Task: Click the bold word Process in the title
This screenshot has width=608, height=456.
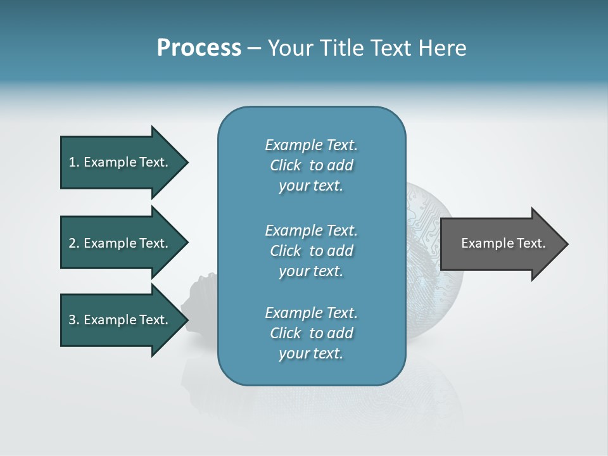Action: pyautogui.click(x=199, y=48)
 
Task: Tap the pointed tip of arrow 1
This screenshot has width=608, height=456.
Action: pyautogui.click(x=186, y=162)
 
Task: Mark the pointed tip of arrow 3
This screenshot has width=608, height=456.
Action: pyautogui.click(x=186, y=320)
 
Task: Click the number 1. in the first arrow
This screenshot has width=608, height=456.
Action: pyautogui.click(x=74, y=162)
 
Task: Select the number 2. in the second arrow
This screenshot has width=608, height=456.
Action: pyautogui.click(x=74, y=243)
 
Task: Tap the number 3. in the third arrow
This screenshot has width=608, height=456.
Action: pyautogui.click(x=74, y=320)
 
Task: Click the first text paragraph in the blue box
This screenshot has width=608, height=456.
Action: pyautogui.click(x=311, y=165)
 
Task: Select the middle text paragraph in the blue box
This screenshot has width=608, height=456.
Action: pyautogui.click(x=311, y=250)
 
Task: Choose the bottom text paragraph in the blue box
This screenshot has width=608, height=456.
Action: pyautogui.click(x=311, y=333)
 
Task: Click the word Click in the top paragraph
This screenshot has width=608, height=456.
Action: pyautogui.click(x=285, y=165)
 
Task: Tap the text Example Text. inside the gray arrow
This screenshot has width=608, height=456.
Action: pyautogui.click(x=503, y=243)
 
